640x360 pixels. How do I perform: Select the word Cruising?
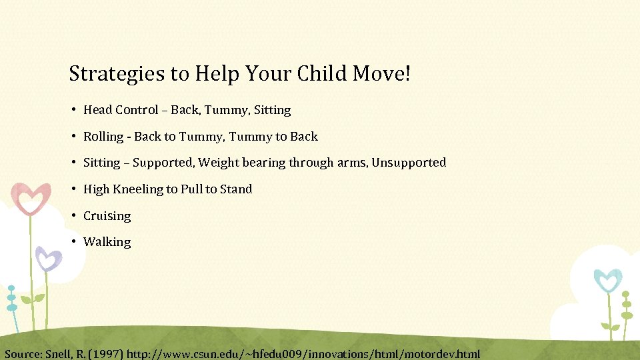(107, 216)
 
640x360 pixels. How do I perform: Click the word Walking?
(107, 242)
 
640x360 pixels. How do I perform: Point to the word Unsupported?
(409, 163)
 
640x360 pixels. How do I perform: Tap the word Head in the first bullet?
(97, 110)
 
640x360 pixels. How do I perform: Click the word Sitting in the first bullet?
(272, 110)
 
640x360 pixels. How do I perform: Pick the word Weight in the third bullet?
(217, 163)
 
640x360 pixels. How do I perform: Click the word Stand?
(236, 189)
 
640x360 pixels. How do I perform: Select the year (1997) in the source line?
(106, 353)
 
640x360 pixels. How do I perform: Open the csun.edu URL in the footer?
(303, 353)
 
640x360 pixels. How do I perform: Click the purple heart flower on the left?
(48, 258)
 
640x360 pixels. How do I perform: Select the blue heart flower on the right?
(607, 280)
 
